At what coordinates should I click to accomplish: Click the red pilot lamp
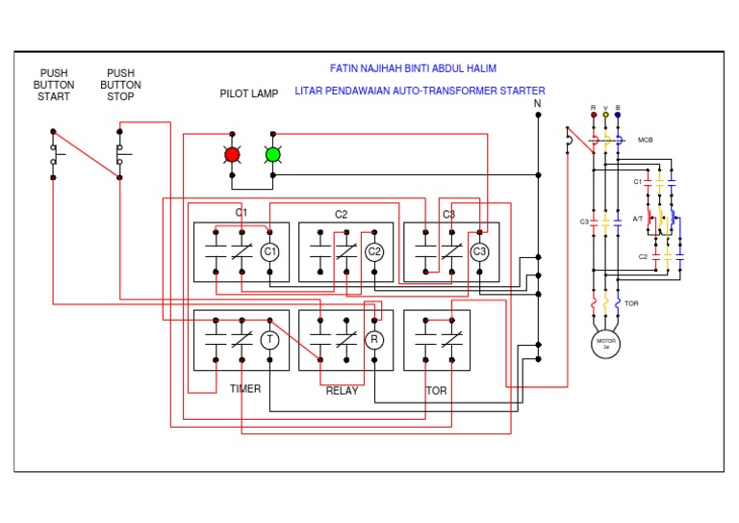[232, 154]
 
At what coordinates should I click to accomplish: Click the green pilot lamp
[272, 154]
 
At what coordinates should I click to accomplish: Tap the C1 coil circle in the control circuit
[270, 252]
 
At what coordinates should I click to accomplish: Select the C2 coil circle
[374, 252]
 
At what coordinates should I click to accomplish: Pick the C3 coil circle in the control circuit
[479, 252]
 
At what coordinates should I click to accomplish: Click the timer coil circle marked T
[270, 339]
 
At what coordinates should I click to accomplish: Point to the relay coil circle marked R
[374, 339]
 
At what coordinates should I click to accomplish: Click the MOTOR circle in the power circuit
[606, 344]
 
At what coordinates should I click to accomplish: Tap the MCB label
[646, 141]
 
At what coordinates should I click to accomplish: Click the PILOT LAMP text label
[249, 94]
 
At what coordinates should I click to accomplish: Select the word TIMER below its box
[245, 389]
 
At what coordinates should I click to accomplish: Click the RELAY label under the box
[342, 391]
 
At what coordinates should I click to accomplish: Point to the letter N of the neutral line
[538, 102]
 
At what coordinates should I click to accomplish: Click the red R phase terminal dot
[593, 115]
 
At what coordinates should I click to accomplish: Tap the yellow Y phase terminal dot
[605, 115]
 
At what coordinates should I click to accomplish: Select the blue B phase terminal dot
[618, 115]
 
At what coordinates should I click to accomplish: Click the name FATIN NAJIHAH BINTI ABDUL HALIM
[413, 69]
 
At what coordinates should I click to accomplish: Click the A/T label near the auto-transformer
[638, 219]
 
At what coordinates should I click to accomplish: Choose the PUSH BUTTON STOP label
[121, 85]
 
